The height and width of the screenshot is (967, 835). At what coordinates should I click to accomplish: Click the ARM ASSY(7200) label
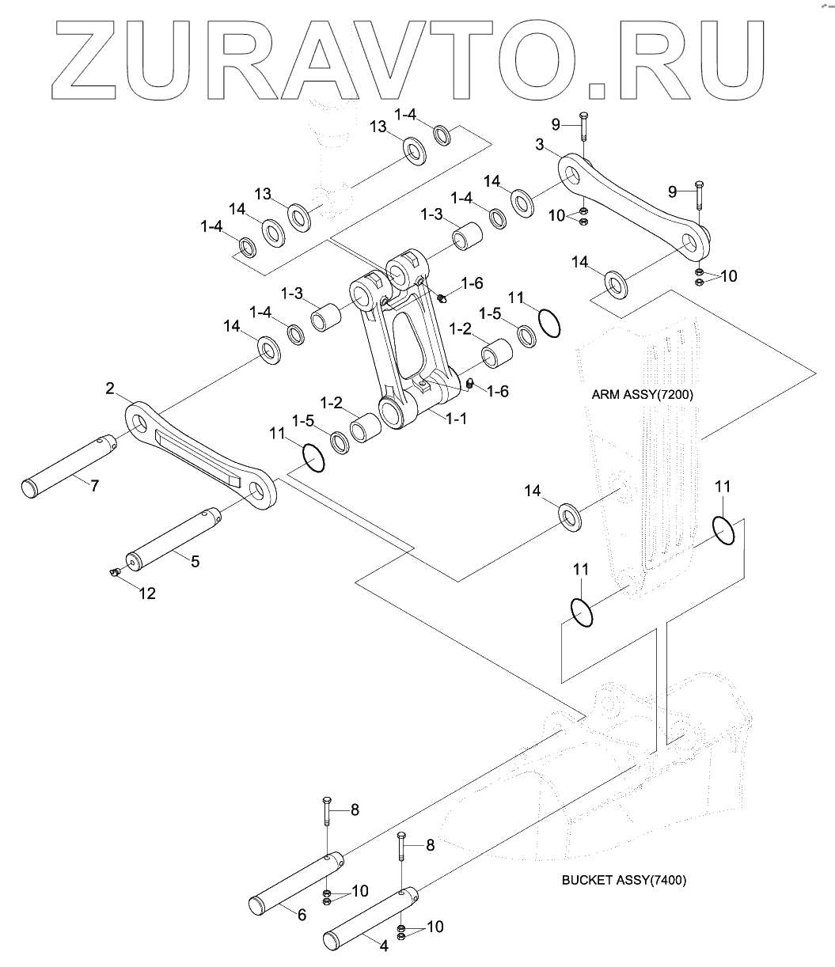(642, 394)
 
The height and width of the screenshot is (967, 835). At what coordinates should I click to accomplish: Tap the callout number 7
(94, 486)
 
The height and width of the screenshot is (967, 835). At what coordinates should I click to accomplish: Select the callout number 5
(195, 561)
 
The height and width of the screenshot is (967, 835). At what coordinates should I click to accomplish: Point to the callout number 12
(147, 593)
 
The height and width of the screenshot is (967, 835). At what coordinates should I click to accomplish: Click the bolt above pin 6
(326, 823)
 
